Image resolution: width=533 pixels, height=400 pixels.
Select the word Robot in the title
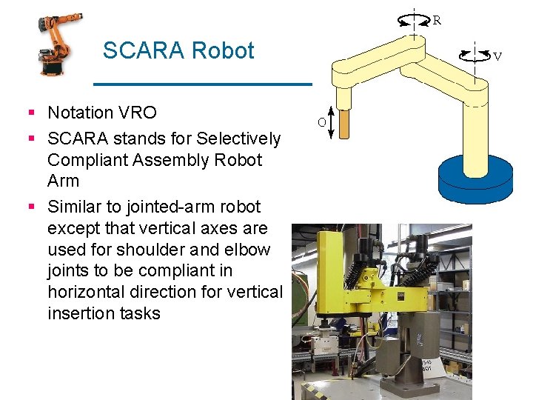222,51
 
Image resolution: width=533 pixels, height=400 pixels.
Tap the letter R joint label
437,21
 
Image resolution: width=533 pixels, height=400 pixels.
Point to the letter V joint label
497,56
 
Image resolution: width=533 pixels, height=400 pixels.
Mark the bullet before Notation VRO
31,113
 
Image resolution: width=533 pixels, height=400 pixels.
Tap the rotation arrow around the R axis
414,21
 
